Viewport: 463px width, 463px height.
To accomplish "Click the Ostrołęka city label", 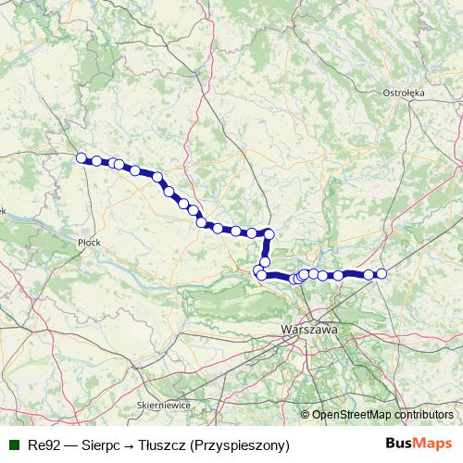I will (x=403, y=93).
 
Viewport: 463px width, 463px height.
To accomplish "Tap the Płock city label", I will (x=89, y=242).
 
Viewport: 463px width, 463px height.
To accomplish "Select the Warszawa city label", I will (x=310, y=329).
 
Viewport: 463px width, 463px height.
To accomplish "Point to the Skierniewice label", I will (x=163, y=405).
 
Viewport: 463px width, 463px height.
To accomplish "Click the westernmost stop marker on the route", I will (x=81, y=157).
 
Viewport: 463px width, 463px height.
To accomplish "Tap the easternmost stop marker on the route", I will (x=381, y=273).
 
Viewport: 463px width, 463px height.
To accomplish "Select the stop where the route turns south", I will (x=269, y=231).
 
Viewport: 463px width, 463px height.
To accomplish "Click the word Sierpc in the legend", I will (x=101, y=445).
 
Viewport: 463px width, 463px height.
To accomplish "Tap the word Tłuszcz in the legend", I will (x=162, y=445).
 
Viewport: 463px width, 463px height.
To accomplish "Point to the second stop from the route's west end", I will (x=96, y=161).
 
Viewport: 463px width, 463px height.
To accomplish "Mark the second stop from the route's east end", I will (x=369, y=274).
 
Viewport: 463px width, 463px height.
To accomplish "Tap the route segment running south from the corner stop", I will (x=267, y=247).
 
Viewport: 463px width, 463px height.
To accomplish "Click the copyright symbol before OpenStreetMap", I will (x=306, y=415).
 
